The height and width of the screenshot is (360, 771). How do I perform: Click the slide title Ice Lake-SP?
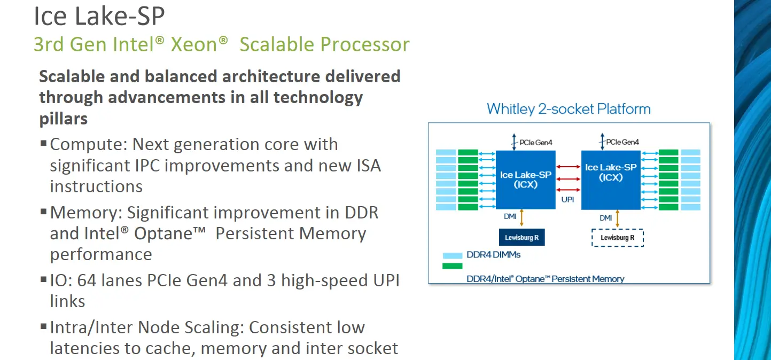coord(99,16)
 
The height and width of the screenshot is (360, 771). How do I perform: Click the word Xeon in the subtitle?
coord(194,44)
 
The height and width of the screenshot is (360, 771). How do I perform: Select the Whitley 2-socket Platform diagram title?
coord(568,109)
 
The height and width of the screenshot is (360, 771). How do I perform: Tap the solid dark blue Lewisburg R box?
coord(522,237)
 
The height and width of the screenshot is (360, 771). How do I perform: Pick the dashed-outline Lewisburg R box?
coord(618,238)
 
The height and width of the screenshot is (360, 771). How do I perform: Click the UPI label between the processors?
coord(567,200)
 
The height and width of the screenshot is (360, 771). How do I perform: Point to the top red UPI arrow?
coord(568,167)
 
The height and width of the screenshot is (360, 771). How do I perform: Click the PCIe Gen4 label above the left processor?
coord(535,143)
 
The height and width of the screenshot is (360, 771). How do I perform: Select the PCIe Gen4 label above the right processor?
coord(622,142)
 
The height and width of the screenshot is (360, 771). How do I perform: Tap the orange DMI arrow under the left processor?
coord(522,217)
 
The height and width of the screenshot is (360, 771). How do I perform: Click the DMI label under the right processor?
coord(606,218)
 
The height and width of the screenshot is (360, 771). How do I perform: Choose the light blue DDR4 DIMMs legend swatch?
coord(452,255)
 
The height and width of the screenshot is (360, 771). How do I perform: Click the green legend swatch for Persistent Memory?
coord(452,266)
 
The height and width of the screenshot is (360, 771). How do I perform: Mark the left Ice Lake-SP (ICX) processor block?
coord(526,179)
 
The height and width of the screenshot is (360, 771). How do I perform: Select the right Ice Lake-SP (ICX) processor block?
coord(611,179)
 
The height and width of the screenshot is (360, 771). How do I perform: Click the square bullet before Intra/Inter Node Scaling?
coord(43,326)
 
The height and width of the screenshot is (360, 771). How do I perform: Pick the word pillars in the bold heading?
coord(64,119)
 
